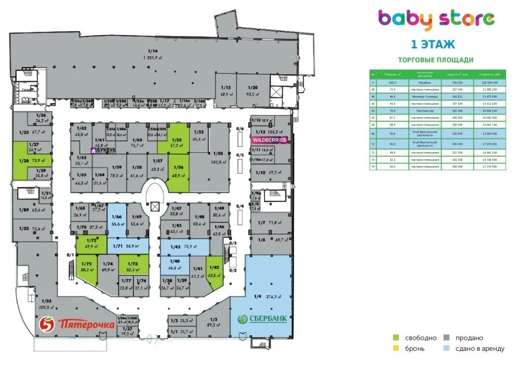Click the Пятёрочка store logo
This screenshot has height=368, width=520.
pos(77,325)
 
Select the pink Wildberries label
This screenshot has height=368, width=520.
pos(269,140)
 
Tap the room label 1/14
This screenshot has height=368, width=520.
pos(152,54)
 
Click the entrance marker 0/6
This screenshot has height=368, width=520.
pos(239,129)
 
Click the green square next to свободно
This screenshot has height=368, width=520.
pos(396,338)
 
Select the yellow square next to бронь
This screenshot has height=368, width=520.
pos(396,348)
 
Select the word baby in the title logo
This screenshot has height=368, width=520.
pos(405,19)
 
